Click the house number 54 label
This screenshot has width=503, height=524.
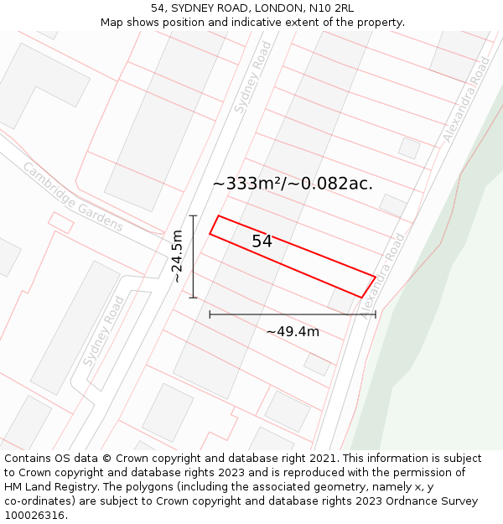262,241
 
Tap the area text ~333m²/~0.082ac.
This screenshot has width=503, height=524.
293,184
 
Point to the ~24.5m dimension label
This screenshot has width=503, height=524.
177,256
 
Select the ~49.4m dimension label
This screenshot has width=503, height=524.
293,331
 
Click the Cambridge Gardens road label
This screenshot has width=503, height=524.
73,197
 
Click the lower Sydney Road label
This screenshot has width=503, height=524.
104,331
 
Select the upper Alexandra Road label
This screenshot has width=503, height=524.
466,100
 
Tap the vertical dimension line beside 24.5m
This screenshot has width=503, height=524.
194,257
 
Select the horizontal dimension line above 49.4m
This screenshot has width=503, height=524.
293,314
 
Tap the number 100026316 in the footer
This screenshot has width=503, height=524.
35,516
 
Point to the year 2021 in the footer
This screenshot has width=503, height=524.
323,459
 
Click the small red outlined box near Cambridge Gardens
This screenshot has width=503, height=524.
60,222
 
